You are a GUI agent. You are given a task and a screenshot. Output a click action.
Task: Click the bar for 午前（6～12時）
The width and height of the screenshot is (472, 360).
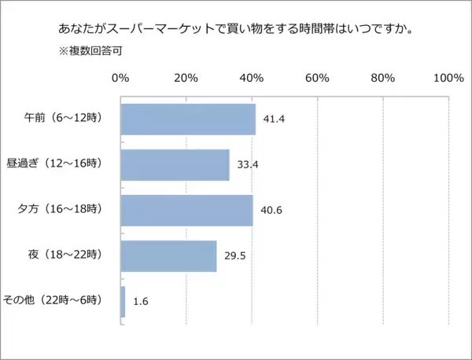(188, 119)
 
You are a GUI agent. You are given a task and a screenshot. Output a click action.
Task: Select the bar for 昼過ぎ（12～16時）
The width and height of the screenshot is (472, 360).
(175, 165)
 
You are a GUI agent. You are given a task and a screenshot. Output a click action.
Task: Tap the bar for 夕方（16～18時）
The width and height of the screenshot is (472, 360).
(186, 211)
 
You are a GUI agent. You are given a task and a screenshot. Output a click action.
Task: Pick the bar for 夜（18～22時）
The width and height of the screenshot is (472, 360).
(168, 256)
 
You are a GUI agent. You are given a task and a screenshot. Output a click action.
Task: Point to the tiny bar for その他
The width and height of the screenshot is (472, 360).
(123, 302)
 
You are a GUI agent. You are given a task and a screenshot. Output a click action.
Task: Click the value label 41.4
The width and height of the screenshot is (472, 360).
(274, 119)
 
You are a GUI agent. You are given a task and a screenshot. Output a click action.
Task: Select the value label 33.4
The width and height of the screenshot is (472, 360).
(247, 165)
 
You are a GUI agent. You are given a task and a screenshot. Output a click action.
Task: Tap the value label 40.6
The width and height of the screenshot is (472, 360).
(271, 211)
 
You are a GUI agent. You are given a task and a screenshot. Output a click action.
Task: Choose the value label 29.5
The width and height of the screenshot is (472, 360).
(234, 256)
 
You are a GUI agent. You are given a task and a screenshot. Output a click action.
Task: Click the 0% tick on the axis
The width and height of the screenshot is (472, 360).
(120, 78)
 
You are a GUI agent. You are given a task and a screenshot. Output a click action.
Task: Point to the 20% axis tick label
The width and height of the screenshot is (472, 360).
(186, 78)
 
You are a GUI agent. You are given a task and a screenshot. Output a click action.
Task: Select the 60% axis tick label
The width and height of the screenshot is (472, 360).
(317, 78)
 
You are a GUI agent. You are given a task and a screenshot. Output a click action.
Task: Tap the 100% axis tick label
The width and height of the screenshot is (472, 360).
(448, 78)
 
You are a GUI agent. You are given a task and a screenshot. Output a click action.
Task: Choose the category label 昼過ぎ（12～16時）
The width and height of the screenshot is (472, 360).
(68, 165)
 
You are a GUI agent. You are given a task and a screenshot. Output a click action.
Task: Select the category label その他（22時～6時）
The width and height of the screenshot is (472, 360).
(63, 302)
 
